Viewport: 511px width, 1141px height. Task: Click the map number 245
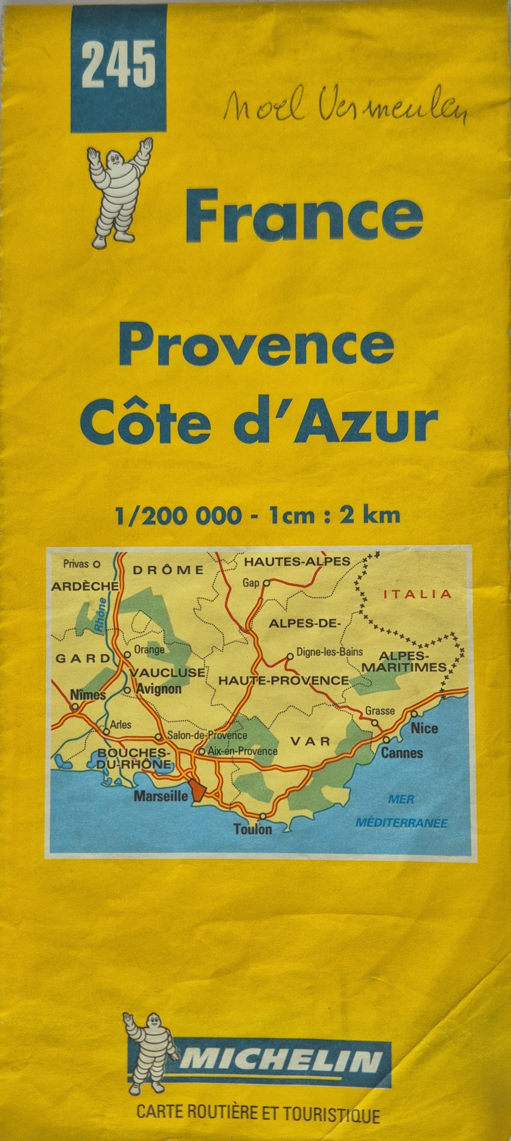click(119, 64)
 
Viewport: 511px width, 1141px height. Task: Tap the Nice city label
click(424, 728)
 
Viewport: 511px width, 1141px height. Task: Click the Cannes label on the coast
click(402, 752)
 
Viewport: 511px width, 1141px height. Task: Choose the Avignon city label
click(159, 689)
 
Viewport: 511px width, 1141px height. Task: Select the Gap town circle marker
click(266, 583)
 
